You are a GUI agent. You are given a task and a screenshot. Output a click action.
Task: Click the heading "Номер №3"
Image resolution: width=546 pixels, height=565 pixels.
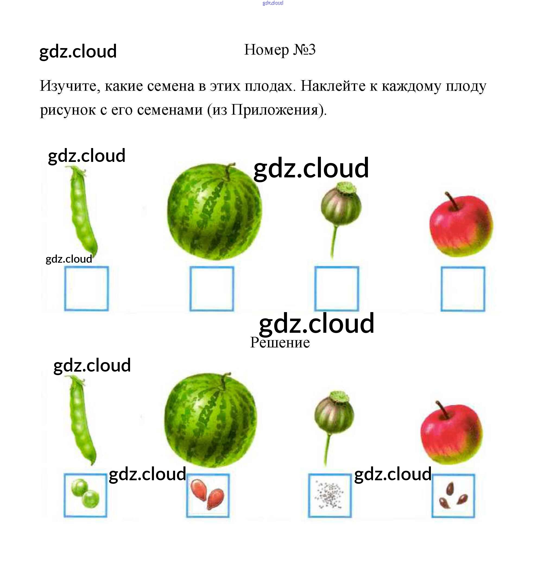point(279,50)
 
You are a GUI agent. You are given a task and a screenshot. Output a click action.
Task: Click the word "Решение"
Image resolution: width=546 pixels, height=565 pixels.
point(280,343)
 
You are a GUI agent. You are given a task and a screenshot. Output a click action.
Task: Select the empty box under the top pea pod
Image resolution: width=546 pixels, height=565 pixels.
point(86,288)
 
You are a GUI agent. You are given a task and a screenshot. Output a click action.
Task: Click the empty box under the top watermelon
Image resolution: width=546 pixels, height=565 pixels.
point(212,288)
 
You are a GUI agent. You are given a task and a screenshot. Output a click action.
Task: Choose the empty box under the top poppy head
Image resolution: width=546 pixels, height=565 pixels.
point(336,288)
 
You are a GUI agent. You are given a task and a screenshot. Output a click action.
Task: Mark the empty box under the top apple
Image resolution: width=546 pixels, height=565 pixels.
point(462,289)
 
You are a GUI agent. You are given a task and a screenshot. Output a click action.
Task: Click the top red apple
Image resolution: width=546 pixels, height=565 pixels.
point(461,226)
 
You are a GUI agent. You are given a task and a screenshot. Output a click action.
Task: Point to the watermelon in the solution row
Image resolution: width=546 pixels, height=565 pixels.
point(211,419)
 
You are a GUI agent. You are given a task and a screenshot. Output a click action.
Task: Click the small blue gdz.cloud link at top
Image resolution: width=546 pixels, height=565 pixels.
point(273,3)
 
